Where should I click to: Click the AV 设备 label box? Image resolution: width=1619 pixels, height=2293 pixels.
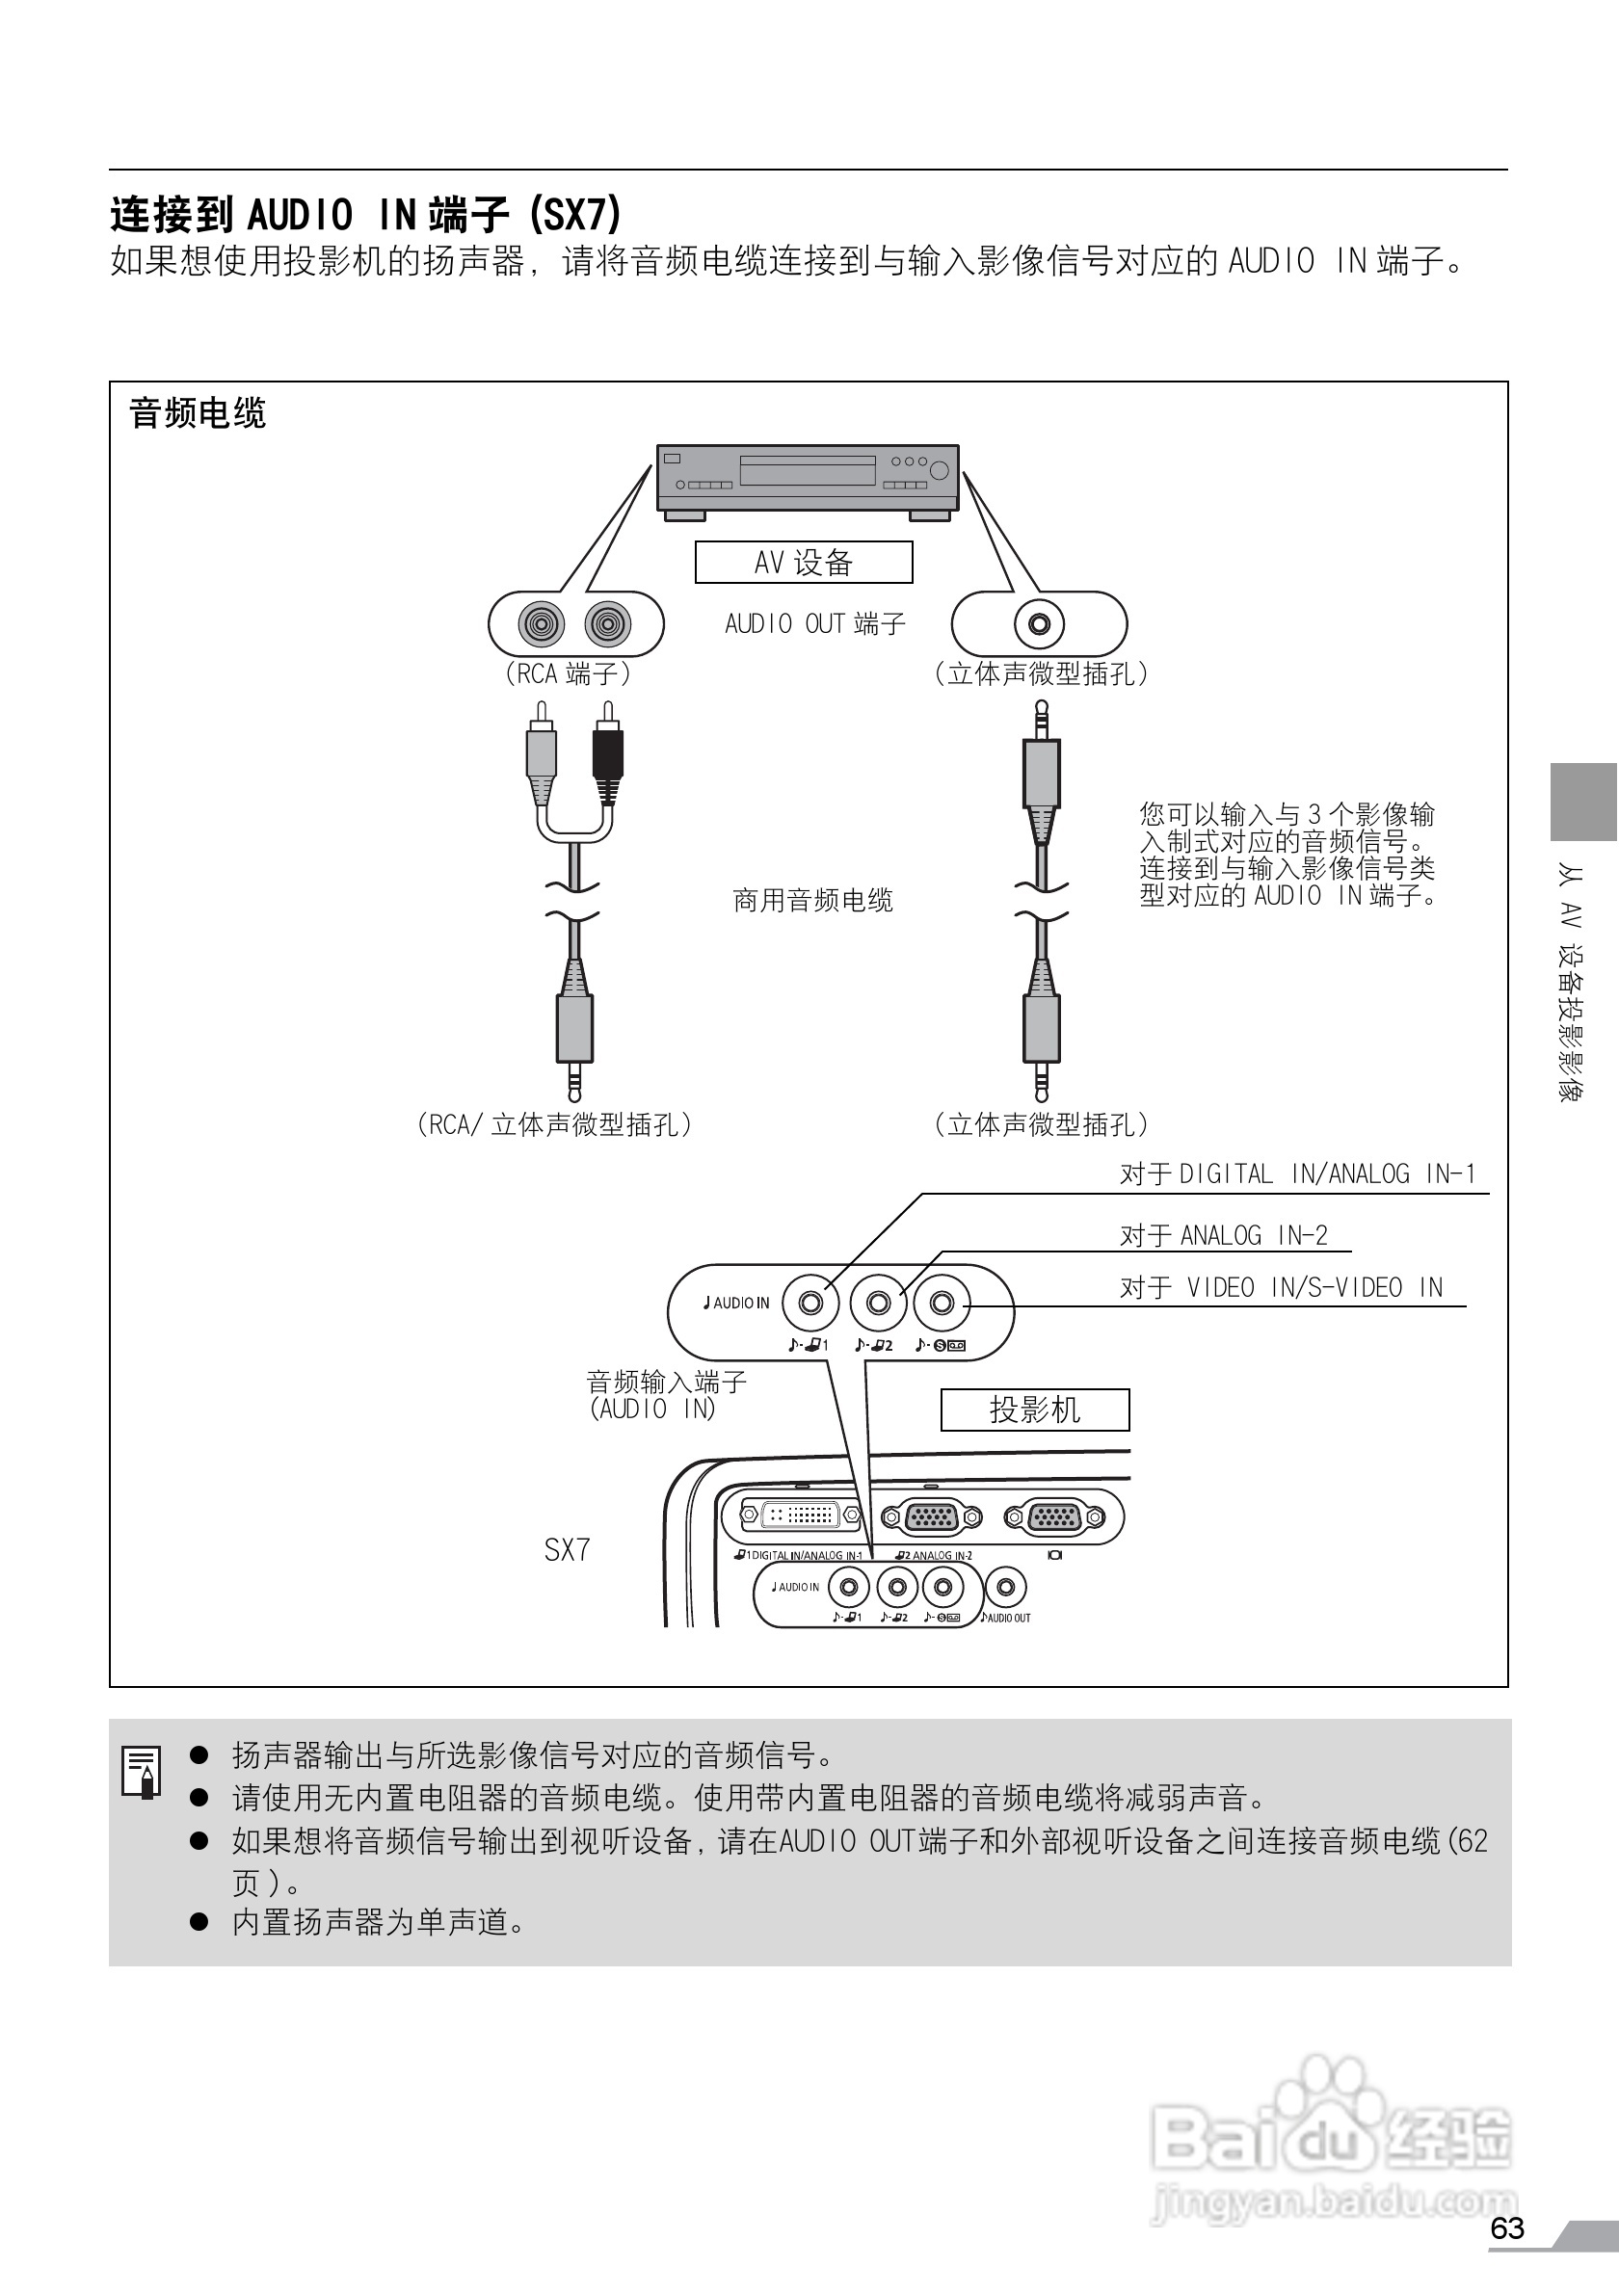click(x=803, y=563)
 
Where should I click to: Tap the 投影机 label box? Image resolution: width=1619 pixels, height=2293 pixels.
click(x=1035, y=1410)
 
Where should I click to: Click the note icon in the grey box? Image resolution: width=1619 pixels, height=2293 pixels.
click(x=141, y=1771)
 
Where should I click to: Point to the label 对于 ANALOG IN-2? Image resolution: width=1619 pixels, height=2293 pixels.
click(x=1224, y=1235)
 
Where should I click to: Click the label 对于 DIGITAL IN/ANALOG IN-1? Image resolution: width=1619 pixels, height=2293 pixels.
click(x=1297, y=1173)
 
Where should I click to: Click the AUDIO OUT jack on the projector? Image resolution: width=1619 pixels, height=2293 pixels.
click(x=1006, y=1587)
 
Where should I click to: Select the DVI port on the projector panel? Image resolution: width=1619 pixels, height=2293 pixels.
click(x=800, y=1515)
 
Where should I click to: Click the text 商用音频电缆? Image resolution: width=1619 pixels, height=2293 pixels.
click(x=813, y=901)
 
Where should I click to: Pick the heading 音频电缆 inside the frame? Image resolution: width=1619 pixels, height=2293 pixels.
click(x=198, y=413)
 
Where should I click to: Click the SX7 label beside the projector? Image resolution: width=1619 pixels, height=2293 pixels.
click(x=568, y=1550)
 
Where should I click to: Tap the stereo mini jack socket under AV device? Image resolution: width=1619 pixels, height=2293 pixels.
click(x=1039, y=625)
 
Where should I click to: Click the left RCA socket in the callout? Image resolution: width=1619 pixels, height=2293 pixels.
click(x=541, y=625)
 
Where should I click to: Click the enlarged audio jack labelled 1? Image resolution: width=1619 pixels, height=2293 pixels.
click(x=811, y=1303)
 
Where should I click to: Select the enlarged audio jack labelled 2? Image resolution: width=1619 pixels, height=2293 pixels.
click(x=878, y=1303)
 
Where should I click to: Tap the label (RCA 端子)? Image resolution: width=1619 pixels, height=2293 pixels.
click(x=568, y=674)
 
